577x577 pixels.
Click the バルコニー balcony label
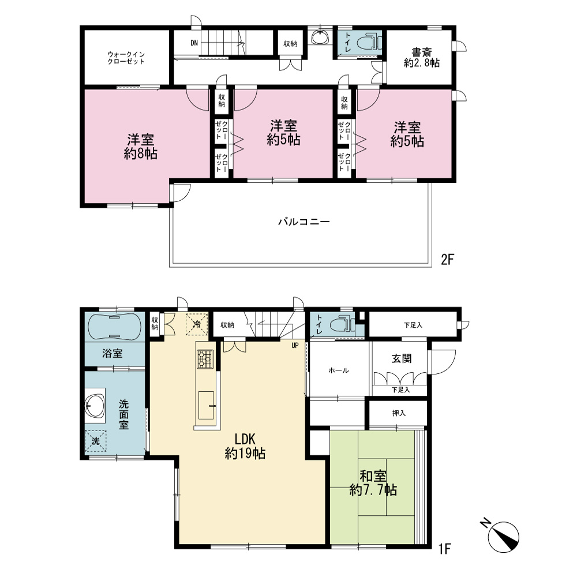coord(304,222)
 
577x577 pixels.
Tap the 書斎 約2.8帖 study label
coord(422,58)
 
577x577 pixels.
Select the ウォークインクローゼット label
coord(126,58)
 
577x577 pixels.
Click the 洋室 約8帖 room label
coord(141,147)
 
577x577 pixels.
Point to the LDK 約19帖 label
coord(245,446)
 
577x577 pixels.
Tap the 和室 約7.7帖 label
coord(373,483)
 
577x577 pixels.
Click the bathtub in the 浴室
coord(114,327)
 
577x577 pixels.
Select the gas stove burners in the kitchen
coord(205,359)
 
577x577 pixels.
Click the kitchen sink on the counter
coord(207,405)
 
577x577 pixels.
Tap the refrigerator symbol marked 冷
coord(197,324)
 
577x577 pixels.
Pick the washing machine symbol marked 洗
coord(96,441)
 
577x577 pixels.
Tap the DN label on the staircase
coord(194,43)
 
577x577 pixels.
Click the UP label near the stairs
coord(295,346)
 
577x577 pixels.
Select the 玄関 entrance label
coord(402,358)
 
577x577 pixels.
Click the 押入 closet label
coord(399,413)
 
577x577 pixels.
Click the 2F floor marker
coord(447,260)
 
